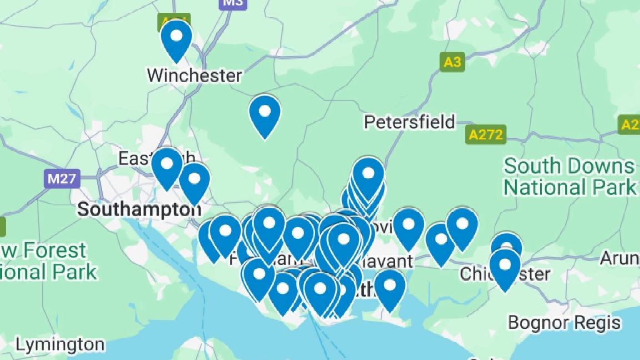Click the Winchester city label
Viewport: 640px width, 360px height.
coord(194,75)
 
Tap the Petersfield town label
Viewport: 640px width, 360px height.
coord(409,122)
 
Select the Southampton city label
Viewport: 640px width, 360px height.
coord(139,209)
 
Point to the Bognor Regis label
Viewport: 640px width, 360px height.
coord(564,322)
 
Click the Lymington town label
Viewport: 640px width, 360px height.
coord(59,345)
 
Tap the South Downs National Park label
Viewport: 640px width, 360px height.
coord(569,176)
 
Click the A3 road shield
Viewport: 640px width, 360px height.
coord(452,62)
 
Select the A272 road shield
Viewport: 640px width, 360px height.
coord(486,134)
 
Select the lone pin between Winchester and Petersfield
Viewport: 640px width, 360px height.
coord(264,114)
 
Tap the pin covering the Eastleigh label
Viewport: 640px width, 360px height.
coord(167,167)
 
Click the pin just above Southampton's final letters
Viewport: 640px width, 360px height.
coord(194,182)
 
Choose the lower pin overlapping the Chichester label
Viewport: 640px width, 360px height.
coord(504,268)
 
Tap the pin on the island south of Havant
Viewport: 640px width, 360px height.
coord(389,288)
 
